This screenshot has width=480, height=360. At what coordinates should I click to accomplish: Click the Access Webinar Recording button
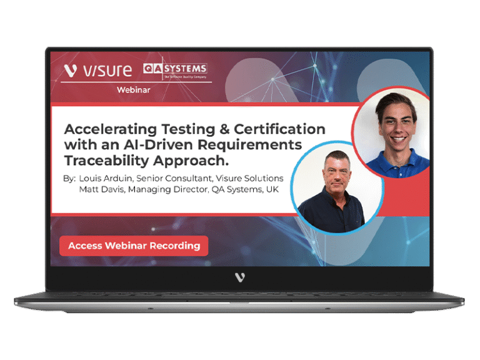pos(134,246)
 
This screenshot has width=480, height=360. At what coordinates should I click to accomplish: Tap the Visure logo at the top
pos(98,70)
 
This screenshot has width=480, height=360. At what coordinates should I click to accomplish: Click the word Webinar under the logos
pos(134,90)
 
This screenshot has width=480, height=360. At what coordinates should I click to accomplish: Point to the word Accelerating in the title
pos(111,130)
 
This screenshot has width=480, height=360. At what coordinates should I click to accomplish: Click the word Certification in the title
pos(279,129)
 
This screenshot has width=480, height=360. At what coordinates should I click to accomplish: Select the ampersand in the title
pos(224,129)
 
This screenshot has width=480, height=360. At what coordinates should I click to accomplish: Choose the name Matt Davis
pos(102,189)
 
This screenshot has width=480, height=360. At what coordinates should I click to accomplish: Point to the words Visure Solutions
pos(249,178)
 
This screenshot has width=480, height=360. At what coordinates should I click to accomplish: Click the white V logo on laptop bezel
pos(240,277)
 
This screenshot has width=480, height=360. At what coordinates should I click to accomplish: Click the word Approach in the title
pos(189,161)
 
